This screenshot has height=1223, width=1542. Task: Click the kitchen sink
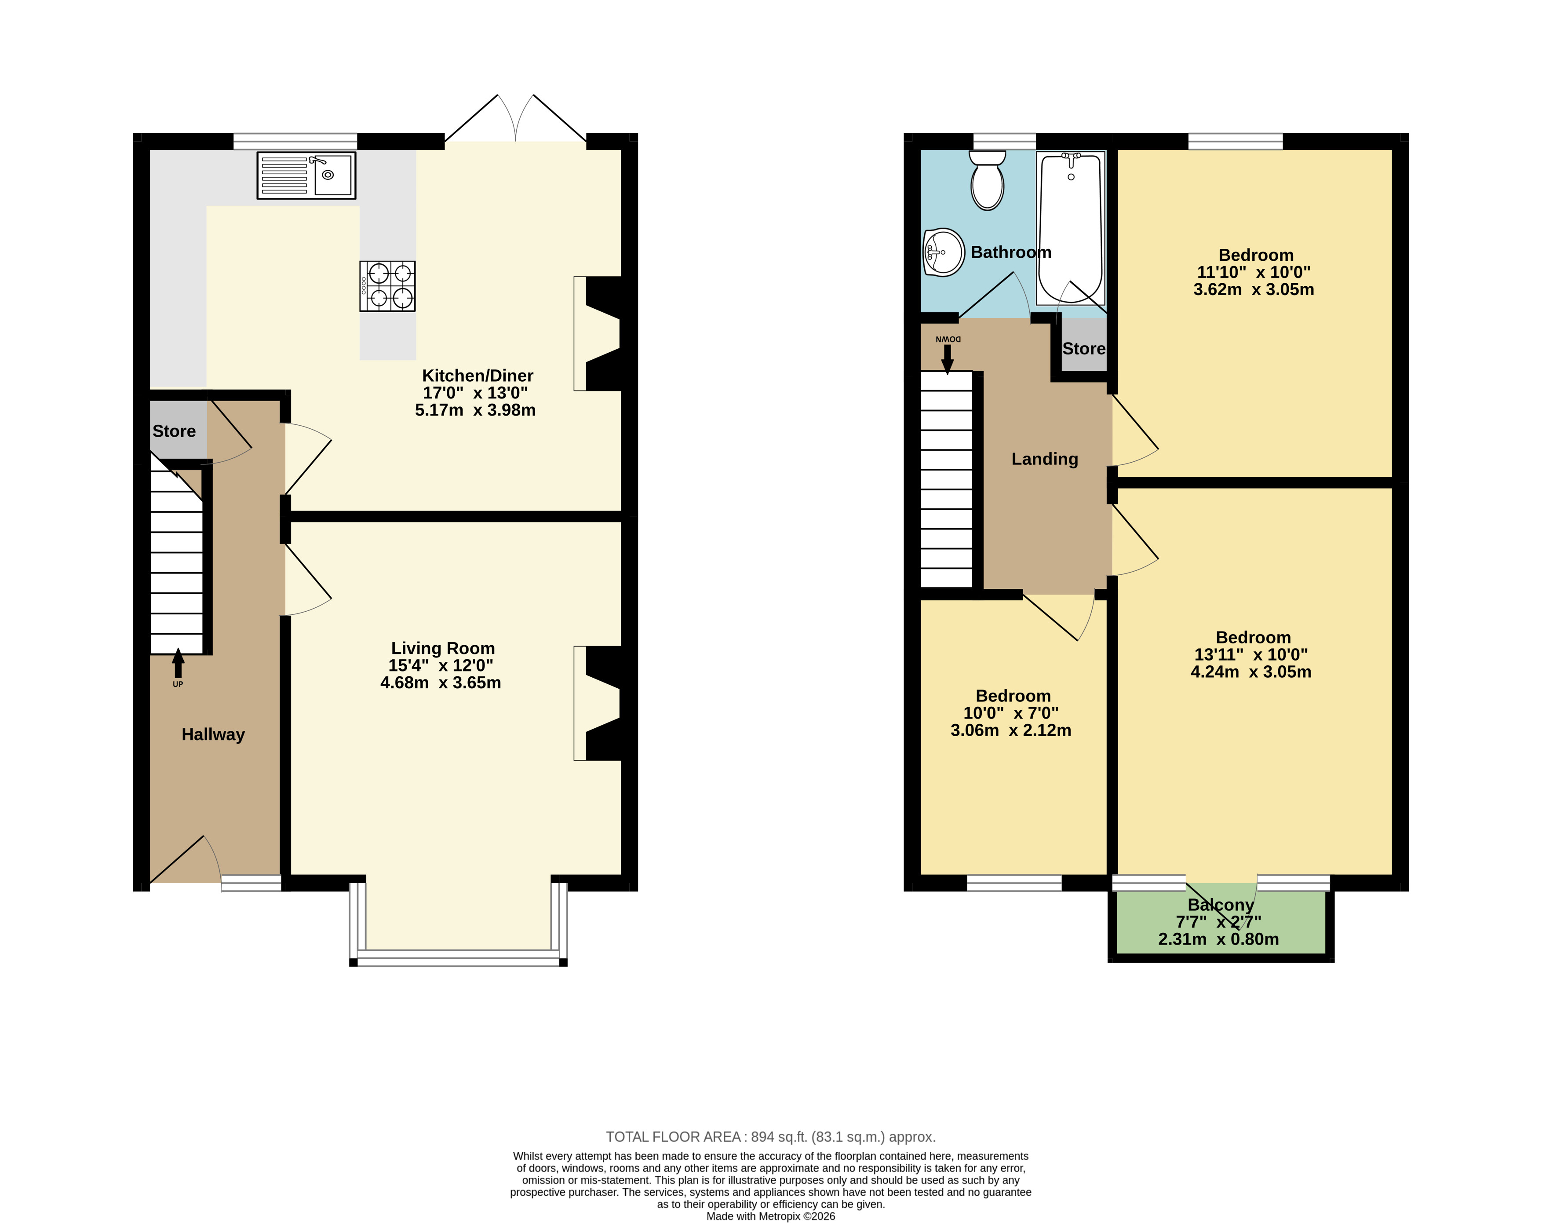click(x=306, y=175)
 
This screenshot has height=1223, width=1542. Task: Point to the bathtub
click(x=1071, y=228)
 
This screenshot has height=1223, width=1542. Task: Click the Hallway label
click(x=213, y=734)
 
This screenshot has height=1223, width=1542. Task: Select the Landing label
click(x=1044, y=459)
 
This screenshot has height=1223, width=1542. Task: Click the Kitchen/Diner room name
click(x=478, y=376)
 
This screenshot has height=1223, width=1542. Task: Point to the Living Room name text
click(x=443, y=648)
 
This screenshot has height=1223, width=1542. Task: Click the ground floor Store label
click(x=174, y=431)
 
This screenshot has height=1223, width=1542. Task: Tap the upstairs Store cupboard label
click(x=1083, y=349)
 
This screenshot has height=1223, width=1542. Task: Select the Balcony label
click(x=1221, y=905)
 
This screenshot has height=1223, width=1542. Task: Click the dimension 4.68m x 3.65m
click(x=441, y=683)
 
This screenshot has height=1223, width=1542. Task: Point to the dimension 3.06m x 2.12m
click(x=1010, y=730)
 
